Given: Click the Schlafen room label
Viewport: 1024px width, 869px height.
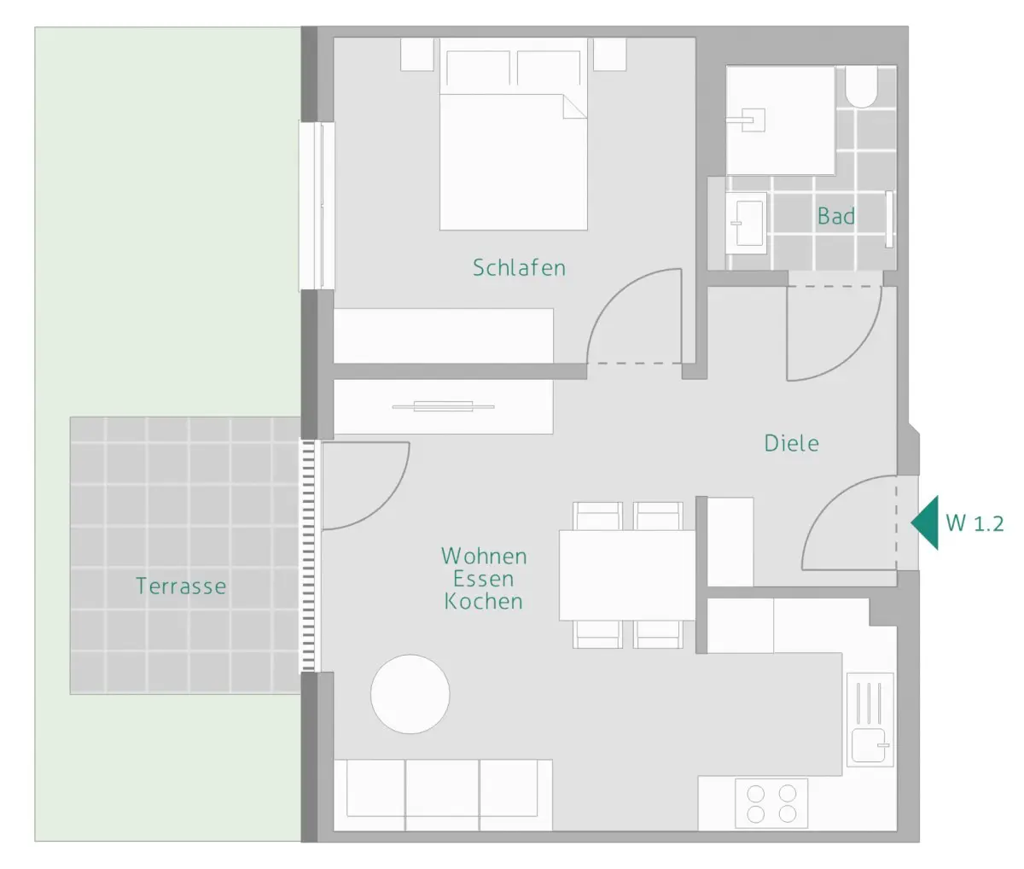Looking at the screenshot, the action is point(519,268).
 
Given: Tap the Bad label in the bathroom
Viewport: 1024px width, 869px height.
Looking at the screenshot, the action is point(835,216).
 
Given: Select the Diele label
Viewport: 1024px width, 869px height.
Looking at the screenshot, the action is point(791,443).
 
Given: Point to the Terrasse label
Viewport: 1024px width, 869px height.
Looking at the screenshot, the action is point(181,586).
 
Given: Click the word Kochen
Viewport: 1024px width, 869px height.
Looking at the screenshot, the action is point(484,601).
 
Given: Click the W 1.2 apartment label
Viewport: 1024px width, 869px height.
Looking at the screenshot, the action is point(975,523).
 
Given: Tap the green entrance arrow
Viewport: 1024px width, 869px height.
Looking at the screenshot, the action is point(925,522).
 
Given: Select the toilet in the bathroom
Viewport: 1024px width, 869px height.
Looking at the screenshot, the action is point(862,87).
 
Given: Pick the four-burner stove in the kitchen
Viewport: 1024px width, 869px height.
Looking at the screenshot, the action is point(771,803).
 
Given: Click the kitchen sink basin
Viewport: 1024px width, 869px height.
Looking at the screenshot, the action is point(869,744).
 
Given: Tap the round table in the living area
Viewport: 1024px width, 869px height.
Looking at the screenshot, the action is point(410,694).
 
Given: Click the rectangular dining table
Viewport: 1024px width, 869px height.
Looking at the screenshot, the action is point(627,575).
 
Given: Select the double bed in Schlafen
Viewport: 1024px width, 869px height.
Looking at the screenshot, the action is point(514,134).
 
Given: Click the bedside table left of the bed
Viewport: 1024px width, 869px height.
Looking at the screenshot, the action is point(417,54).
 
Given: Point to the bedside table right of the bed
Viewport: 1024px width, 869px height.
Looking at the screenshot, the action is point(610,54).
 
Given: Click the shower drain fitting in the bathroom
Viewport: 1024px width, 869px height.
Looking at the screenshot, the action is point(747,120).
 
